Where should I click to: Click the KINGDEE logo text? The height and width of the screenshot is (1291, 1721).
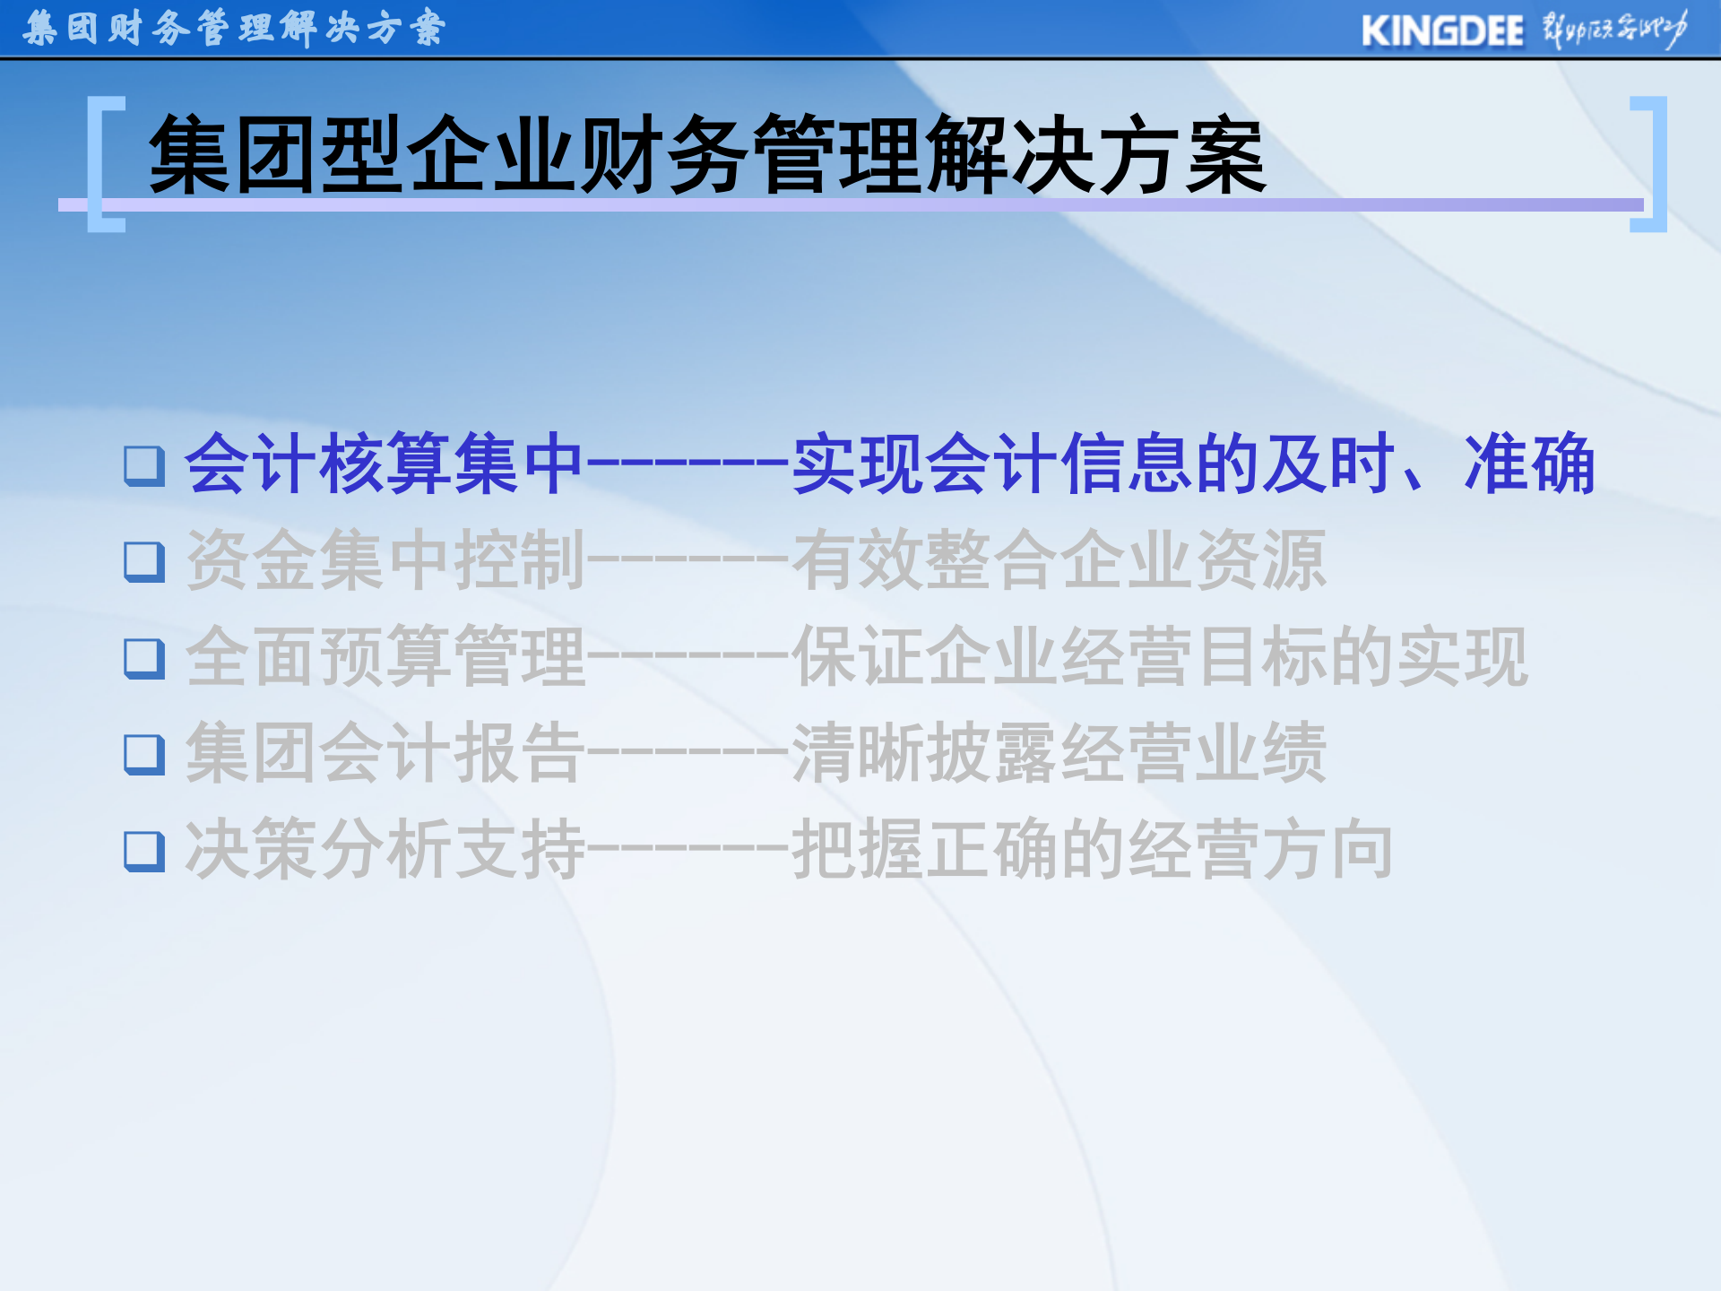click(1441, 31)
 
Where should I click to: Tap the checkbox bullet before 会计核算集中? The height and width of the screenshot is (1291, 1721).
click(144, 465)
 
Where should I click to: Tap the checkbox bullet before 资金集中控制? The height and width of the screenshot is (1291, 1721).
click(144, 561)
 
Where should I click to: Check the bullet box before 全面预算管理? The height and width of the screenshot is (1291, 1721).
click(144, 658)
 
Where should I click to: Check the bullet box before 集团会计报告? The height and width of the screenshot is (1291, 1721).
click(144, 754)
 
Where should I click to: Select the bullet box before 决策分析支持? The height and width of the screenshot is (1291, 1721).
click(144, 851)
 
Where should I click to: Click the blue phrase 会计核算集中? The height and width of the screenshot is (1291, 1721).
click(384, 464)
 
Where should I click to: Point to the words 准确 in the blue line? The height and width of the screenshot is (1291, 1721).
click(1529, 464)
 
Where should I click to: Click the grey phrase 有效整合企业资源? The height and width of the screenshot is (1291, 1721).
click(1058, 560)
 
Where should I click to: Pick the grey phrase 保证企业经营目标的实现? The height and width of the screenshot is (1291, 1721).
click(1160, 657)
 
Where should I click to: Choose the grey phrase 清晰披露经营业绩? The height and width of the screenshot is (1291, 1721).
click(1058, 753)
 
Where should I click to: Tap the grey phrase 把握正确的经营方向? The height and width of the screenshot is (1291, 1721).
click(1092, 850)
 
